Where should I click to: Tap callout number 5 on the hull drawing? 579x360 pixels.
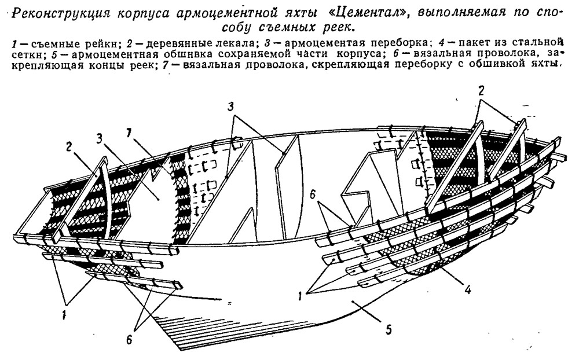389,330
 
